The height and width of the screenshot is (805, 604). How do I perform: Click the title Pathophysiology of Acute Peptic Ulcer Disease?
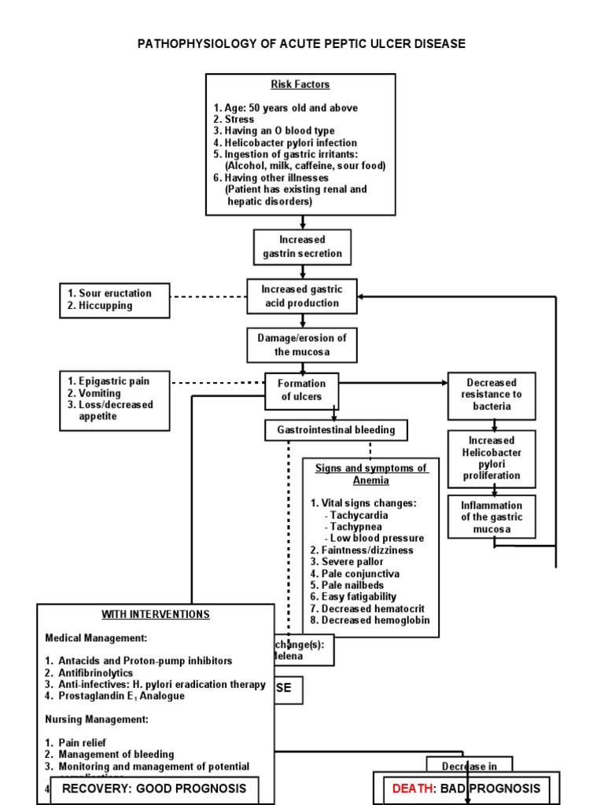(x=301, y=44)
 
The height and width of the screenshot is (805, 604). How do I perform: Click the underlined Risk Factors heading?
(x=300, y=84)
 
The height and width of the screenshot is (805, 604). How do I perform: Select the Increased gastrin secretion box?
(x=302, y=247)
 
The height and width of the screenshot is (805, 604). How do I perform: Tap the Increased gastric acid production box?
(x=301, y=296)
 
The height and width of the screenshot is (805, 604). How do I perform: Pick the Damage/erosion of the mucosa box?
(x=301, y=344)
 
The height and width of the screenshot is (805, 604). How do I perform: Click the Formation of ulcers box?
(x=301, y=391)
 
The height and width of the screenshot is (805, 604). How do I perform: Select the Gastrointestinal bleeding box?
(x=336, y=430)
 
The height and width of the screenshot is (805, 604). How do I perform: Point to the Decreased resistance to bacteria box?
(x=492, y=395)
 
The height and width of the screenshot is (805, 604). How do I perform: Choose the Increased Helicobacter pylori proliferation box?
(x=492, y=458)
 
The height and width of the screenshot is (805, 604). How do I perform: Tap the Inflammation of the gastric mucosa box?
(x=492, y=517)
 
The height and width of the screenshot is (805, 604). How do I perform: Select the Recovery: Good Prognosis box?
(x=154, y=788)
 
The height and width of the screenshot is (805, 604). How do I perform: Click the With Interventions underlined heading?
(x=155, y=614)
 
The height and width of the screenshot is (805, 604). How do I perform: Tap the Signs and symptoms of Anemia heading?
(x=371, y=474)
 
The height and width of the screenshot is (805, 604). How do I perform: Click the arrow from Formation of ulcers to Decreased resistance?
(x=393, y=383)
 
